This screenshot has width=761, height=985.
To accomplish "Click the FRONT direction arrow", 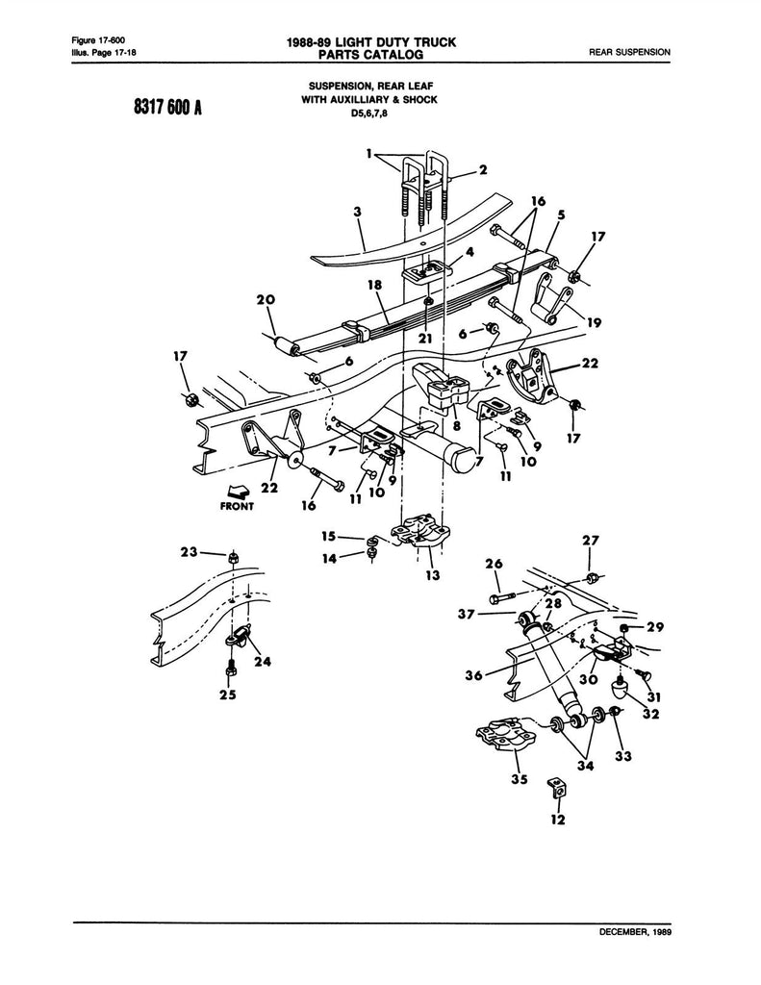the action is pyautogui.click(x=238, y=492).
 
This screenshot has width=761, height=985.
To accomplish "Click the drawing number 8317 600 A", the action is pyautogui.click(x=167, y=108).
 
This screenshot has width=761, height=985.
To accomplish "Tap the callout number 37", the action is pyautogui.click(x=467, y=614).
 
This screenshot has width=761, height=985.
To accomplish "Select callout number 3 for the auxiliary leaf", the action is pyautogui.click(x=358, y=212).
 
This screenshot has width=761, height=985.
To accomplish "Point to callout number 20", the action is pyautogui.click(x=266, y=300).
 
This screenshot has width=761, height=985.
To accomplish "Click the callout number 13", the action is pyautogui.click(x=432, y=574).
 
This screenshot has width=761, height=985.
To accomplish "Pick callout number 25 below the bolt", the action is pyautogui.click(x=227, y=695).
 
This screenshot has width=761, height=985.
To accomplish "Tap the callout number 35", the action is pyautogui.click(x=519, y=779).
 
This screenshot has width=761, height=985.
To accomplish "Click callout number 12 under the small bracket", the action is pyautogui.click(x=557, y=820).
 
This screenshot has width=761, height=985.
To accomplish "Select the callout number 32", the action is pyautogui.click(x=651, y=714).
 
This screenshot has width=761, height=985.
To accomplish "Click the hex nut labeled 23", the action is pyautogui.click(x=233, y=557).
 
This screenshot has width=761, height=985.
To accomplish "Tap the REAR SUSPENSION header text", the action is pyautogui.click(x=629, y=52).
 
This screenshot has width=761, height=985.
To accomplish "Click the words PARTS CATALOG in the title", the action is pyautogui.click(x=370, y=55).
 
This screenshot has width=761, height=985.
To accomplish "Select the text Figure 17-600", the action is pyautogui.click(x=94, y=41).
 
